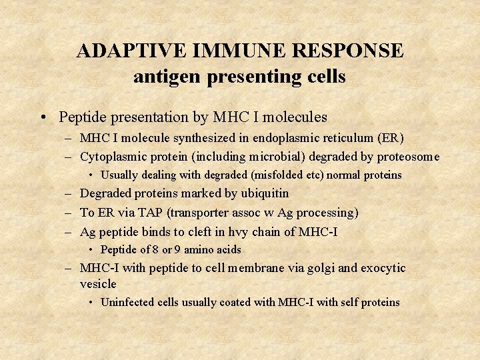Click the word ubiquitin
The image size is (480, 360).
point(264,193)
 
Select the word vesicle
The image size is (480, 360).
point(98,284)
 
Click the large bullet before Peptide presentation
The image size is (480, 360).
point(43,118)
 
